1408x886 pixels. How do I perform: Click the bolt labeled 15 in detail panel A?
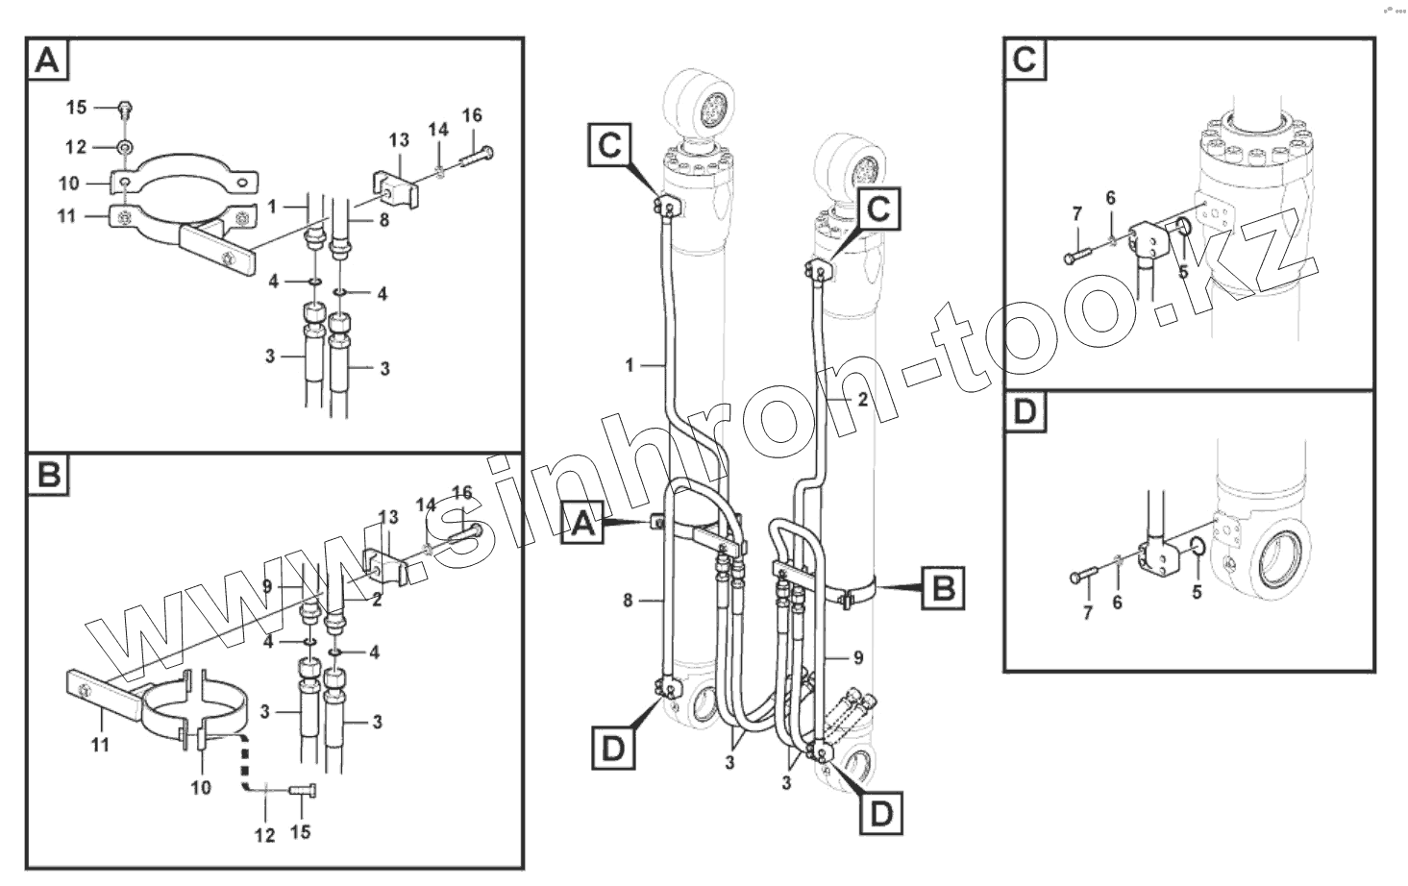(x=124, y=108)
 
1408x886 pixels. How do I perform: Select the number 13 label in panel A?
(x=399, y=141)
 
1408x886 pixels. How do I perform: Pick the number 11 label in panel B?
(x=100, y=744)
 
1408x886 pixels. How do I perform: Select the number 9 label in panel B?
(x=268, y=585)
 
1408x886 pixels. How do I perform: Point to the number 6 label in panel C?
(x=1110, y=198)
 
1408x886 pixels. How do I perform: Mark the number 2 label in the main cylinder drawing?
(x=862, y=400)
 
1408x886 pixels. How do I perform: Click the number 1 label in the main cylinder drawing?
(x=630, y=365)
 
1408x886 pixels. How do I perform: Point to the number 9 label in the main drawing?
(x=858, y=658)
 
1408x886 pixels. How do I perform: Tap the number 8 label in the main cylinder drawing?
(x=628, y=601)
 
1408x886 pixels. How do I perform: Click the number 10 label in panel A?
(x=68, y=183)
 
